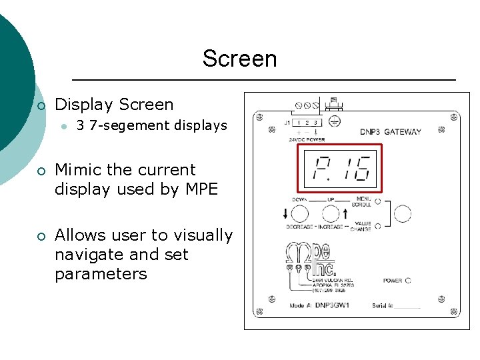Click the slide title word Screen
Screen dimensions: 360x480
point(239,59)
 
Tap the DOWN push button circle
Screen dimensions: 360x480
point(300,214)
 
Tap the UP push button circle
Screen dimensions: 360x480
point(331,214)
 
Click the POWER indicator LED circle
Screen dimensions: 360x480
point(408,281)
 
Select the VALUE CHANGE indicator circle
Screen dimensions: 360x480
point(377,226)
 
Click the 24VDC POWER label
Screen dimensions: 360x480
point(307,139)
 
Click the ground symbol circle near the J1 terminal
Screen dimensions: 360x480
point(336,121)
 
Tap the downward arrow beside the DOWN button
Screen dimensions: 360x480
point(286,214)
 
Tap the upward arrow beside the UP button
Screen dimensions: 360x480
point(345,214)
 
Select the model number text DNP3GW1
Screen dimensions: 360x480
point(332,306)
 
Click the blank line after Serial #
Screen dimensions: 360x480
point(407,307)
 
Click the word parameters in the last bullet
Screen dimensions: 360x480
point(101,274)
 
